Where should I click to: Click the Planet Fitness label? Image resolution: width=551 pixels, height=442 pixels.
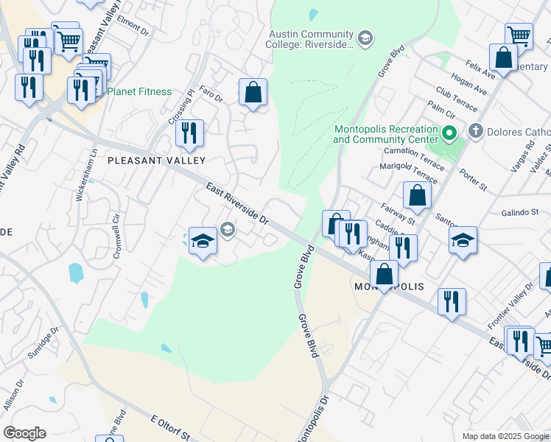139,92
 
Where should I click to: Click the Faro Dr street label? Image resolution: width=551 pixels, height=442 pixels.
211,98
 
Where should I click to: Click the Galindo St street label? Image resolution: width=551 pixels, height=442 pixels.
521,212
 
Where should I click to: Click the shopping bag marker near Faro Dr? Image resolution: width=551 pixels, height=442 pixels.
253,93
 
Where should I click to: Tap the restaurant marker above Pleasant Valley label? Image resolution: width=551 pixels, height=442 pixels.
189,133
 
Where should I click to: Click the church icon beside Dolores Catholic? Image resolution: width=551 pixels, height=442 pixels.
475,133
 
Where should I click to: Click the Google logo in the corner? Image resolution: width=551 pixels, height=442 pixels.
24,433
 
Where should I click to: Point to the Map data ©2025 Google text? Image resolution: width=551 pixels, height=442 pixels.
505,436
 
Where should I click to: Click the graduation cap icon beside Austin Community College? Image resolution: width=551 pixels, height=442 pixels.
363,38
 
